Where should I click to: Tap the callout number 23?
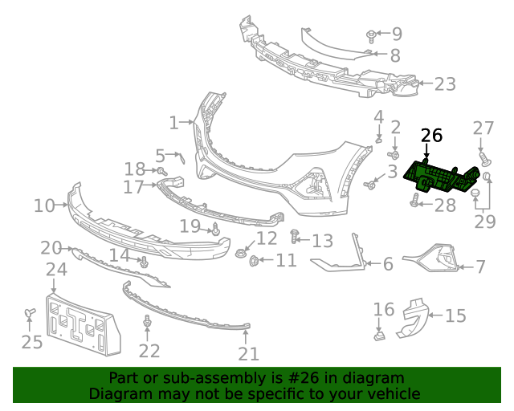445,83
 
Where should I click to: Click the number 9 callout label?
397,34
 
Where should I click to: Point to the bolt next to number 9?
372,35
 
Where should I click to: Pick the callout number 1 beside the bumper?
173,123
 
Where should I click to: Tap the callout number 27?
483,128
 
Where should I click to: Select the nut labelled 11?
255,260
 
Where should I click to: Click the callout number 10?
44,206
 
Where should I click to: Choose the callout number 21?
249,354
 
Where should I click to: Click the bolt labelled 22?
148,323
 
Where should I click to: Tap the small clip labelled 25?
30,312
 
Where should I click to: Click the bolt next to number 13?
295,238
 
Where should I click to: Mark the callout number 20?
51,247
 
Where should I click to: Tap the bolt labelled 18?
161,171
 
